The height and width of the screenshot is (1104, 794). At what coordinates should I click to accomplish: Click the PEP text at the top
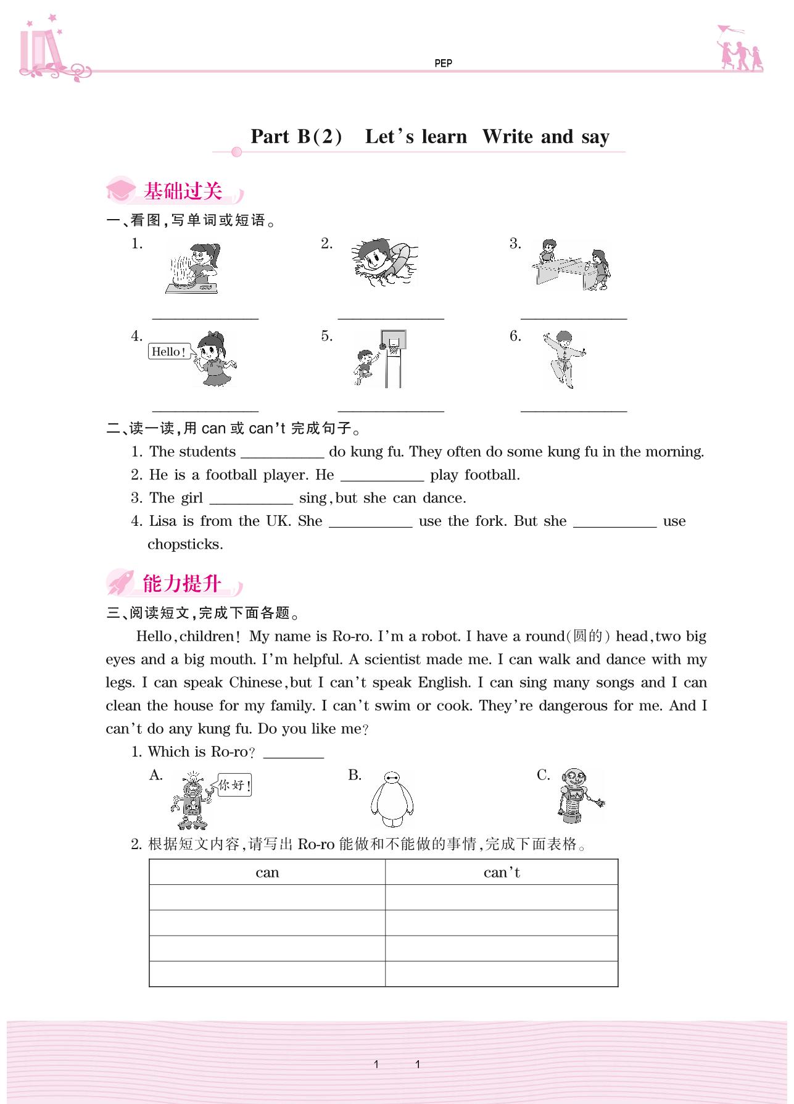tap(443, 63)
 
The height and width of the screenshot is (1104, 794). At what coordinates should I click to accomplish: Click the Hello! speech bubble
tap(169, 352)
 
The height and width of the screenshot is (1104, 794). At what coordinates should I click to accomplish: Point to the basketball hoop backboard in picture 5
tap(394, 340)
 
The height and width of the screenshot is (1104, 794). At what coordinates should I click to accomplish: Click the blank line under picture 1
tap(205, 318)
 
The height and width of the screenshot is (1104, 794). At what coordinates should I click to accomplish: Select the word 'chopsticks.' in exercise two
tap(185, 544)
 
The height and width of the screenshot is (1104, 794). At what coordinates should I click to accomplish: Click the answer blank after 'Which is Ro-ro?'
tap(294, 756)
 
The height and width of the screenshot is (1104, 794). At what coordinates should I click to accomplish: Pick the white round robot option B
tap(392, 799)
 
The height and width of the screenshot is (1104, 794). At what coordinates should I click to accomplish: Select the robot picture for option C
tap(575, 796)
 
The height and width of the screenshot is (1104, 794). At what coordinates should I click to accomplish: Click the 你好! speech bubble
tap(235, 786)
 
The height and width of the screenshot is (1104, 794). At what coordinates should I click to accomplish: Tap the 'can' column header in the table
tap(267, 873)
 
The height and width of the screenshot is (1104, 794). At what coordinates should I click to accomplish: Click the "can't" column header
tap(502, 873)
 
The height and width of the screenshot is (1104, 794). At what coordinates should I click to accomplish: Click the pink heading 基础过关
tap(183, 191)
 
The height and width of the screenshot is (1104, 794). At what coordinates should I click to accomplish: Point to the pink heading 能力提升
tap(181, 583)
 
